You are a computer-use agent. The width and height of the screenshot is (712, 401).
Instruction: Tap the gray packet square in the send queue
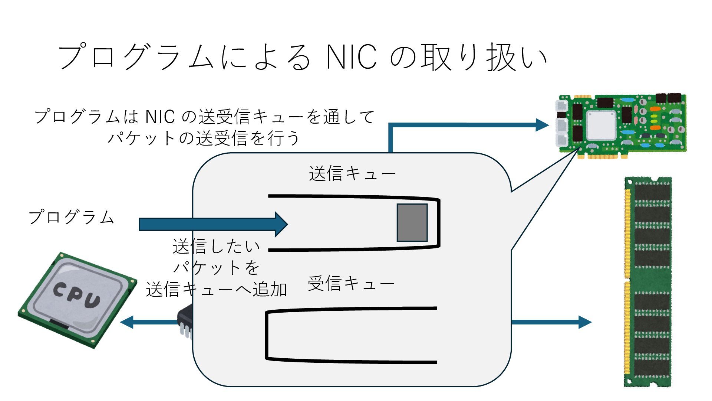click(x=412, y=223)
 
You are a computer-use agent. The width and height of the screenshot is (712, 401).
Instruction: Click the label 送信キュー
click(x=352, y=174)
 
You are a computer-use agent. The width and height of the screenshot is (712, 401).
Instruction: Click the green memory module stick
click(x=648, y=282)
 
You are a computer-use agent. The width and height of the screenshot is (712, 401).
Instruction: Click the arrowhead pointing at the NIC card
click(x=542, y=125)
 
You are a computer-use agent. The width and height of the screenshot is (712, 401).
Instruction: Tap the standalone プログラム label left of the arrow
click(x=71, y=217)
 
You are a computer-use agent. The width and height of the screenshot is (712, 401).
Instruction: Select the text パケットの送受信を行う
click(x=204, y=138)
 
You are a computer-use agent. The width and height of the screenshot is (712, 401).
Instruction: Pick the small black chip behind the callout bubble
click(x=185, y=321)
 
